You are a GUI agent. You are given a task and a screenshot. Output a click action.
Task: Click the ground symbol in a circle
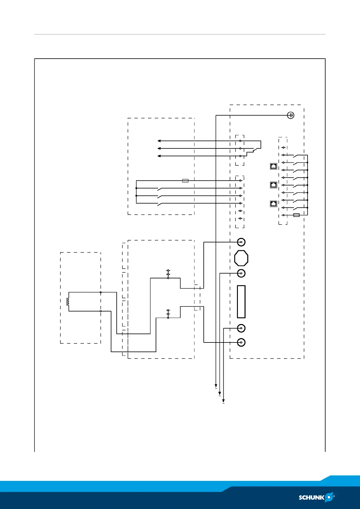point(290,115)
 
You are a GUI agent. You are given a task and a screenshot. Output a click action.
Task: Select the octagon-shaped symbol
point(241,258)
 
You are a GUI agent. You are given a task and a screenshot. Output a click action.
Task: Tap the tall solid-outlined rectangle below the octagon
point(241,302)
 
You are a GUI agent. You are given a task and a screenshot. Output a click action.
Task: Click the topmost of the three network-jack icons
point(274,166)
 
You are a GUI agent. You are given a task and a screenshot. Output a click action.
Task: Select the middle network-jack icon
point(274,185)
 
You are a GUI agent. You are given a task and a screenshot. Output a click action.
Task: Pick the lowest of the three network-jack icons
point(274,204)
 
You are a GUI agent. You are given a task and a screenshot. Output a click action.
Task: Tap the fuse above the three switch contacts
point(185,181)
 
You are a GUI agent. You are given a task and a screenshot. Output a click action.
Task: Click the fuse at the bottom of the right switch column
point(297,215)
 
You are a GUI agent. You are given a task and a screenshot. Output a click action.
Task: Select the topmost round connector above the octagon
point(241,242)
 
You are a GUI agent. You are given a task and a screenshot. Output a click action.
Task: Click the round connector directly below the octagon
point(241,273)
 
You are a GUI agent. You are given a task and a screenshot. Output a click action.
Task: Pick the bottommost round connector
point(241,342)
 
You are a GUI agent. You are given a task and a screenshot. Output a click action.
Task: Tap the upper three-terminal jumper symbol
point(168,274)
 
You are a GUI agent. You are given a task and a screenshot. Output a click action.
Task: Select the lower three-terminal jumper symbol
point(168,314)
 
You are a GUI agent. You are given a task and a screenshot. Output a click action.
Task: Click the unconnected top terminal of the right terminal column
point(283,148)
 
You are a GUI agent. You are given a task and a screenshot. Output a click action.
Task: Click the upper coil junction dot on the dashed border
point(101,292)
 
